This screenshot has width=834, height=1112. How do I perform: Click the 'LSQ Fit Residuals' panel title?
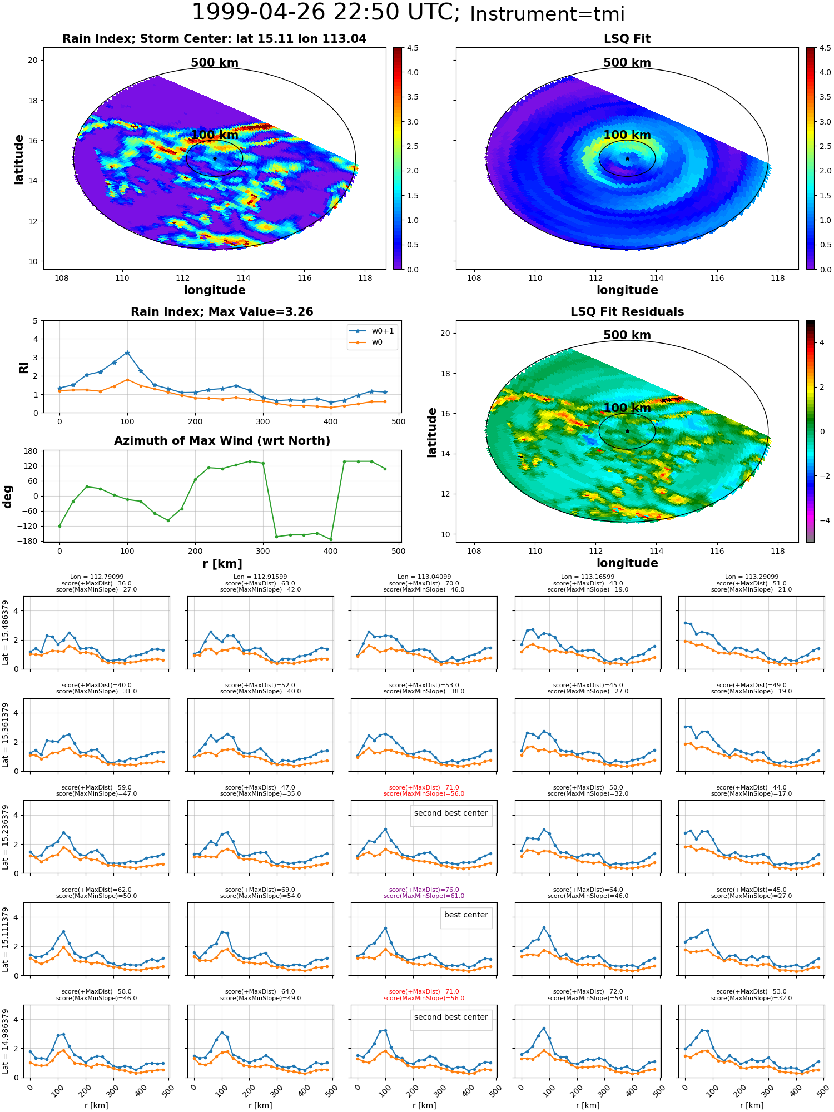click(627, 312)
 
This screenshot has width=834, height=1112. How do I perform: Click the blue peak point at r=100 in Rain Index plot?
click(127, 353)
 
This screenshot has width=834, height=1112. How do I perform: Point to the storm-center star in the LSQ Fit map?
click(627, 158)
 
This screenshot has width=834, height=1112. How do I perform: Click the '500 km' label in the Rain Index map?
click(215, 63)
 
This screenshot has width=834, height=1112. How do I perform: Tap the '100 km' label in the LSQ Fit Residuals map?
click(627, 408)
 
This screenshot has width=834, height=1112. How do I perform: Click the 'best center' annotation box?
click(466, 915)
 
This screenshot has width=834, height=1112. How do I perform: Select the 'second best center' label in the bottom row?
click(451, 1017)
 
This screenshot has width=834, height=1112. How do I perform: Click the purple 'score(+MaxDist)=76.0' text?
click(424, 890)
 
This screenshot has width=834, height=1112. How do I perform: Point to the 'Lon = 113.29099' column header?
click(751, 577)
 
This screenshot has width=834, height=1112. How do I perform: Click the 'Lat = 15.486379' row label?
click(6, 633)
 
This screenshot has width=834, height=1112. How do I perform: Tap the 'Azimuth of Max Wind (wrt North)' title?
click(222, 441)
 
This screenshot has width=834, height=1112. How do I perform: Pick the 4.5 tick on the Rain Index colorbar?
click(413, 48)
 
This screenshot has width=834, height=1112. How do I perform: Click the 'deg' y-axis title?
click(8, 497)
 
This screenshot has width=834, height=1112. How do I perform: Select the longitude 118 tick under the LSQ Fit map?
click(778, 278)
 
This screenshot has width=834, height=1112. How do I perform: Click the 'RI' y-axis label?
click(23, 368)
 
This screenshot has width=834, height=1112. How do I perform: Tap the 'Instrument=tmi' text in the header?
click(547, 14)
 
